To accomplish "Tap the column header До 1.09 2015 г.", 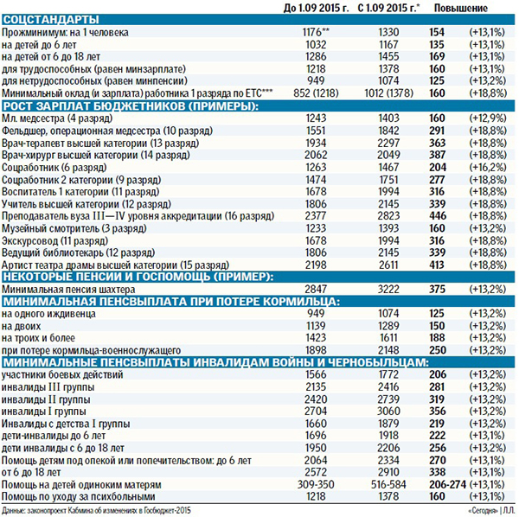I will (x=316, y=7).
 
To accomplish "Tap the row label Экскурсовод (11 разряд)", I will (x=54, y=238).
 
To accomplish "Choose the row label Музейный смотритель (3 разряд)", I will (x=67, y=226).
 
